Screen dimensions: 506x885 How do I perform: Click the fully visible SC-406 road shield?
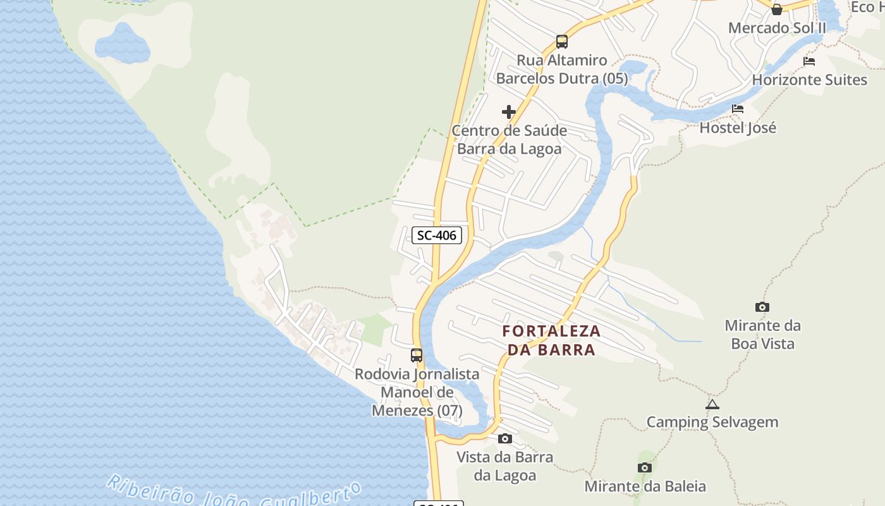pos(437,235)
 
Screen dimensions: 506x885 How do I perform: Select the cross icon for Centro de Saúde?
pos(509,113)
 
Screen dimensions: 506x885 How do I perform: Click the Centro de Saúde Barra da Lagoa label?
pos(509,140)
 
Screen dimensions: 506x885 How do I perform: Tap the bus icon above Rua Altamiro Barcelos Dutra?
pos(562,42)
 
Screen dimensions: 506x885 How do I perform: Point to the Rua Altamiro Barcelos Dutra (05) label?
pos(562,70)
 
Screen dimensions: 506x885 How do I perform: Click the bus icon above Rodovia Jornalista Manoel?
pos(417,355)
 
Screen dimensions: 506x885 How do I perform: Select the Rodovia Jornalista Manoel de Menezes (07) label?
pos(417,392)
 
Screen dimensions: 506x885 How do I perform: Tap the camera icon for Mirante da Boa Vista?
pos(762,307)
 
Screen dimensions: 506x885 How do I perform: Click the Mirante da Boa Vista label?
pos(762,335)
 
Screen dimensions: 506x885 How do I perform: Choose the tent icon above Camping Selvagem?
pos(712,404)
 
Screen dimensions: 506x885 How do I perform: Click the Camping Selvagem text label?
pos(712,422)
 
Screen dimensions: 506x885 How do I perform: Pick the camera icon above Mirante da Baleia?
pos(645,468)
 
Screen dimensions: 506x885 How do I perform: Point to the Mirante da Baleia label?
pos(645,486)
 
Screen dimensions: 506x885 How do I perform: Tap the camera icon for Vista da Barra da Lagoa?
pos(504,438)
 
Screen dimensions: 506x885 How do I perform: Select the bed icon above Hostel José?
pos(738,109)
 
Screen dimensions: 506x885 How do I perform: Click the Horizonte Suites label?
pos(809,80)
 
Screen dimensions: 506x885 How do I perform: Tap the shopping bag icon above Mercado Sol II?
pos(777,9)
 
